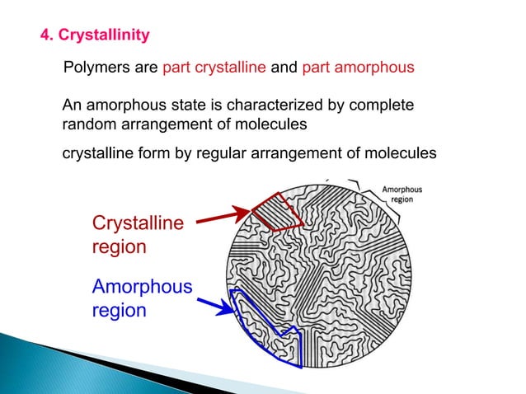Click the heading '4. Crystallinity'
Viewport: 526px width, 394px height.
coord(96,35)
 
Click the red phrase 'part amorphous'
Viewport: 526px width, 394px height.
coord(358,68)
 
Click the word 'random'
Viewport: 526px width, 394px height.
coord(88,124)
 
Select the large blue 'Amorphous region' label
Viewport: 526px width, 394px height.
coord(141,298)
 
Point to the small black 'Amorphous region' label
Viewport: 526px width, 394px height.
coord(402,194)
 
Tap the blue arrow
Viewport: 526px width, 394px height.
coord(214,306)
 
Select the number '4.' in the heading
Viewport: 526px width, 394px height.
coord(47,35)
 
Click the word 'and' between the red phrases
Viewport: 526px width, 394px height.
coord(284,68)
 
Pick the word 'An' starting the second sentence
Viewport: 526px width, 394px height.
coord(73,106)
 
